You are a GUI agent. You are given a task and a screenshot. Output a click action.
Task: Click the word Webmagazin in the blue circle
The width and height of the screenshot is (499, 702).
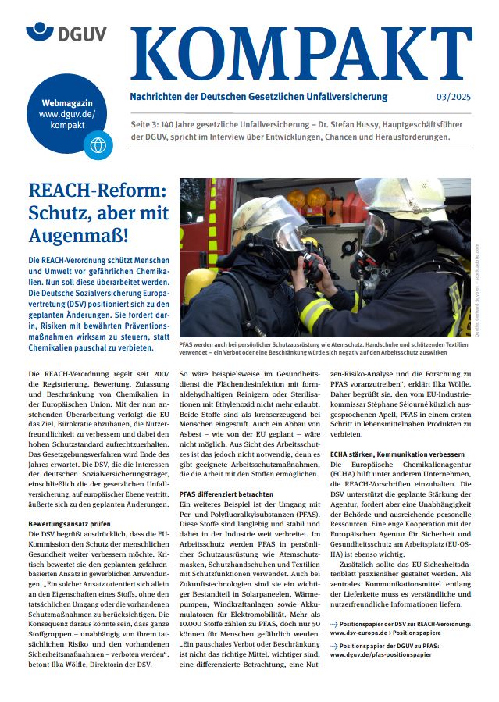pyautogui.click(x=77, y=102)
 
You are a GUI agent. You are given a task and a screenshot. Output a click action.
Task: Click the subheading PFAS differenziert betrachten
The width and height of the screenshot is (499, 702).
pyautogui.click(x=226, y=494)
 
